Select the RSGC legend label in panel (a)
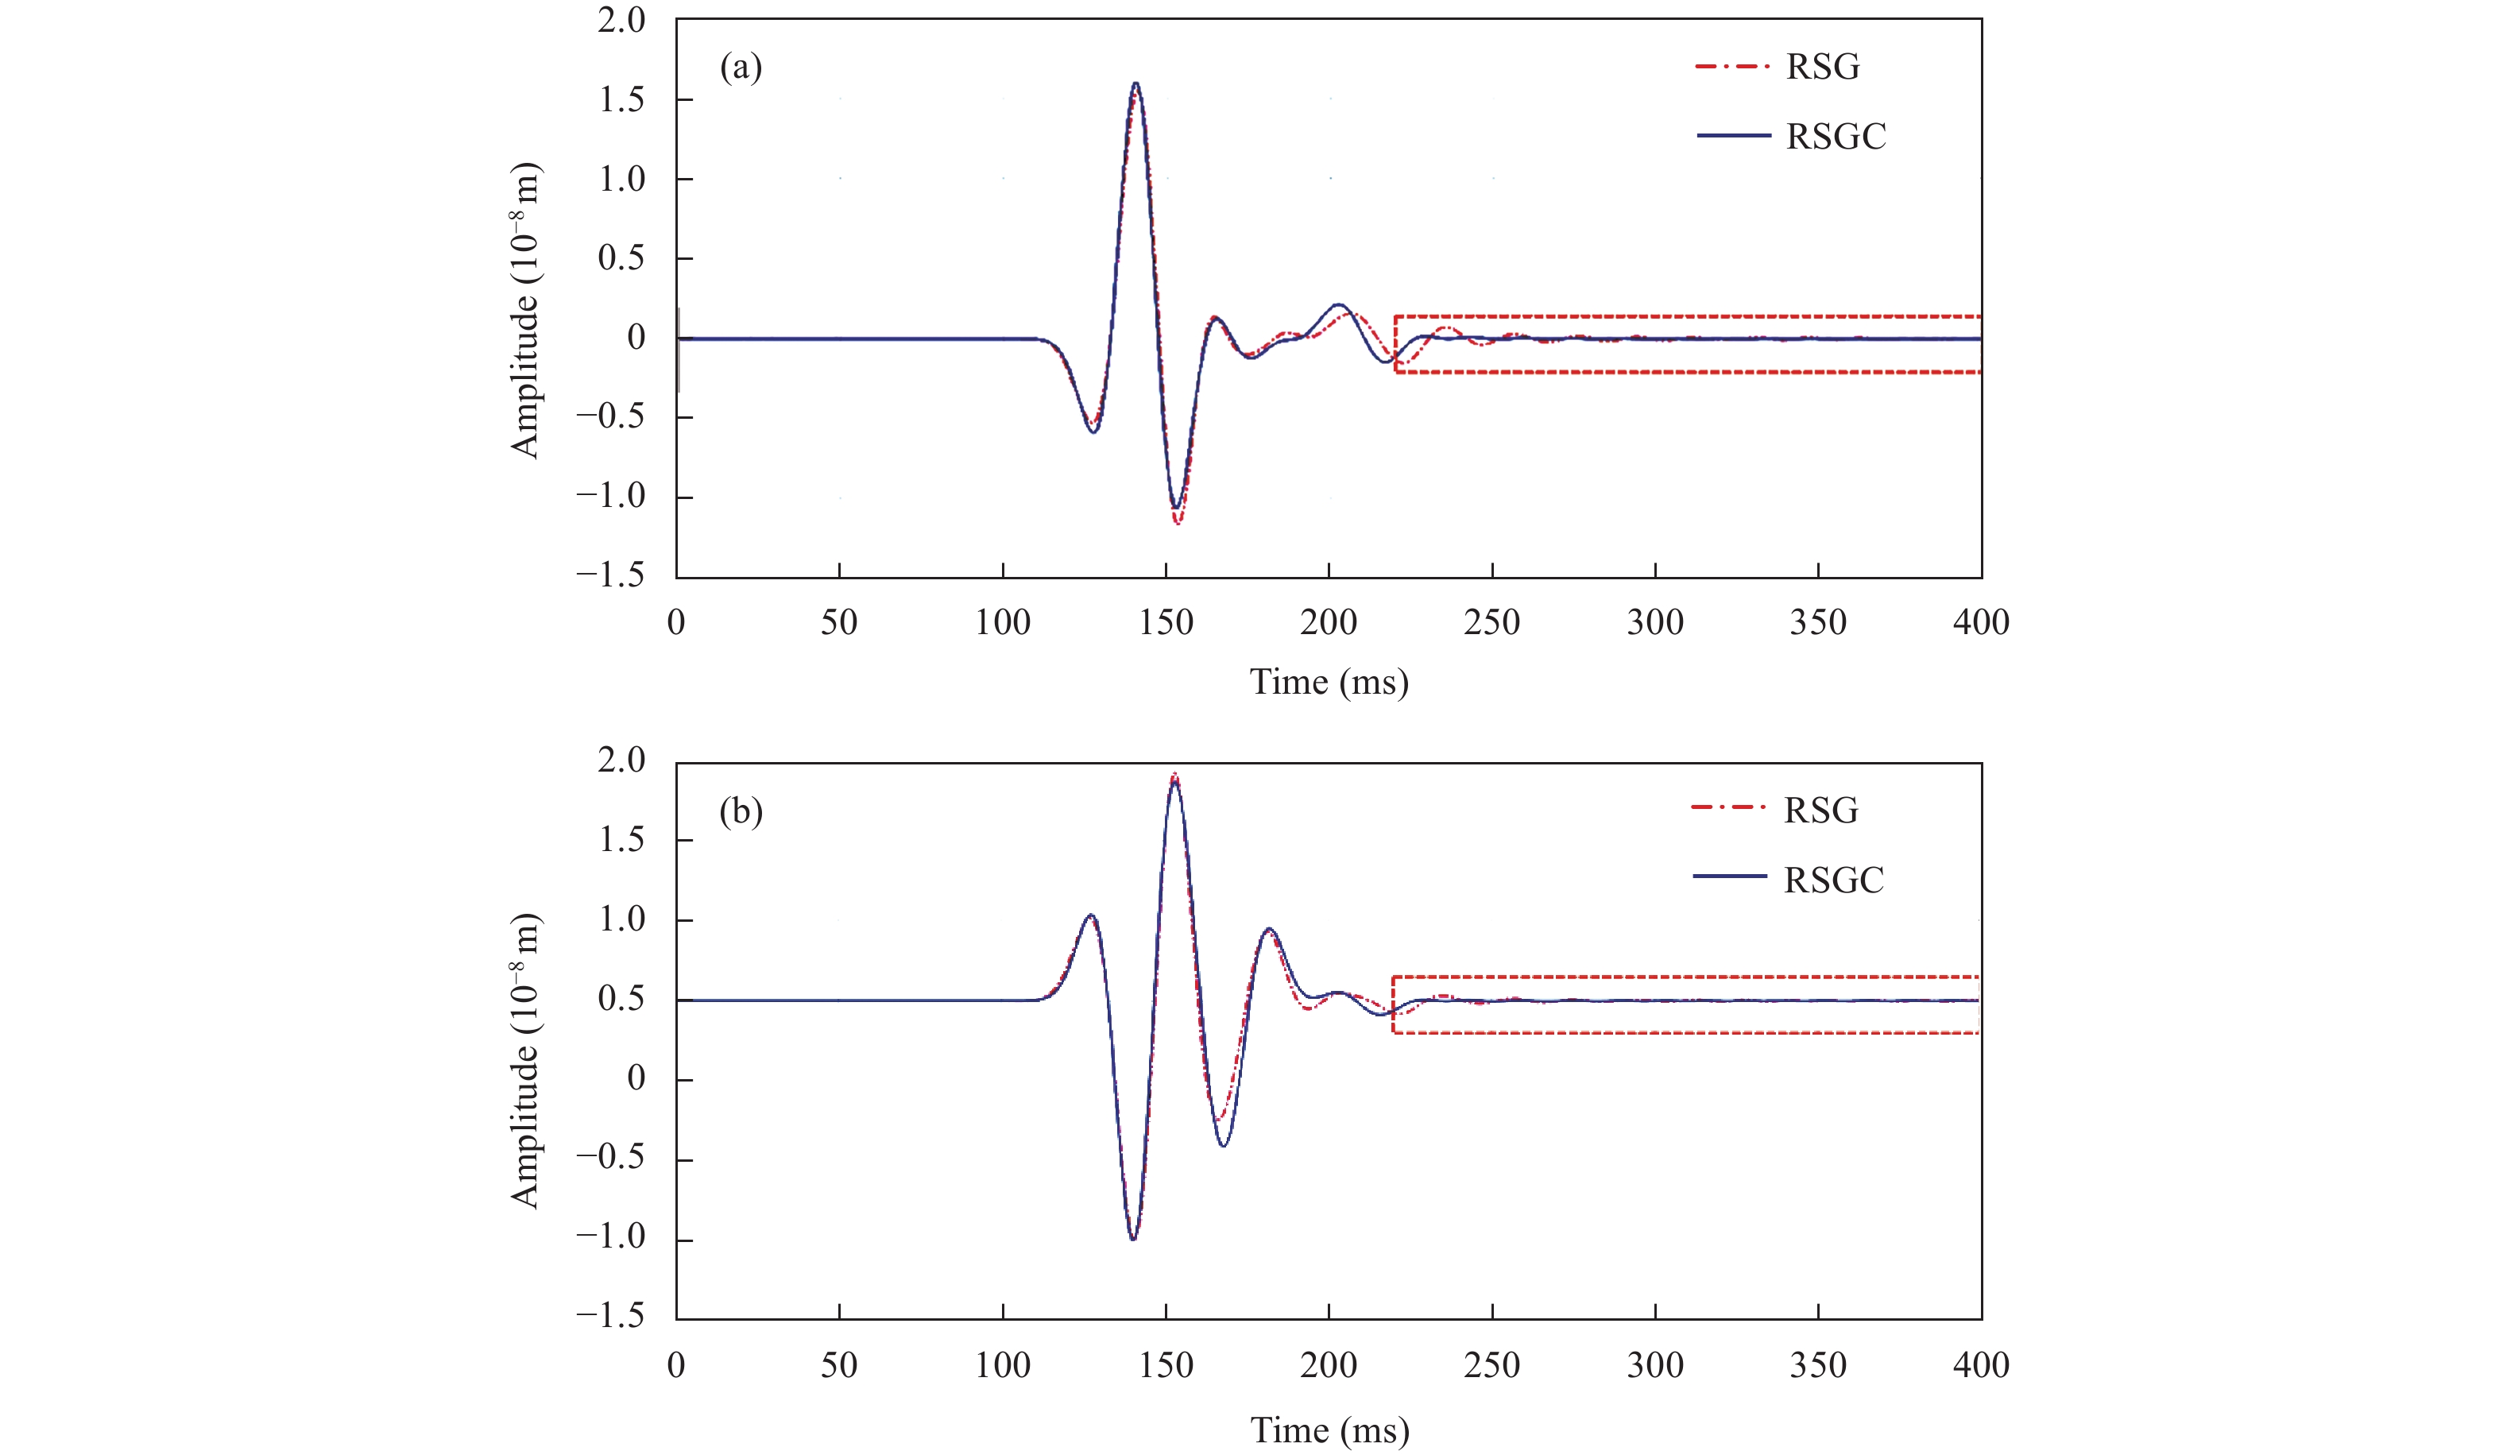tap(1835, 136)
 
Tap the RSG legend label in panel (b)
tap(1820, 811)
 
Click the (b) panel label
tap(740, 811)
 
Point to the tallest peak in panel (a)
tap(1135, 84)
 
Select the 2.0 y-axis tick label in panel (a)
tap(621, 20)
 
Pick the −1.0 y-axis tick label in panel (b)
tap(610, 1236)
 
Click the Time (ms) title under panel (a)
tap(1328, 683)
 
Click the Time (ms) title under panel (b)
tap(1328, 1430)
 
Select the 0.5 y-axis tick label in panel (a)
tap(621, 258)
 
